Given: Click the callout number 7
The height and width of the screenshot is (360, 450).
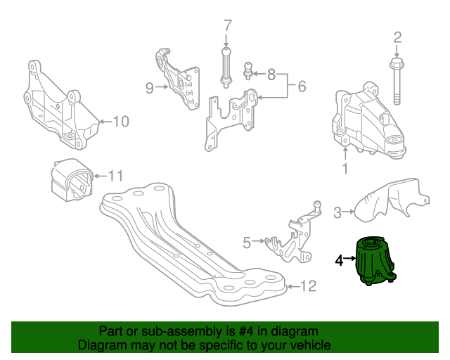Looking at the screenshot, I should coord(227,27).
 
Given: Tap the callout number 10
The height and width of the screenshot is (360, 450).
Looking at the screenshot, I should coord(120,122).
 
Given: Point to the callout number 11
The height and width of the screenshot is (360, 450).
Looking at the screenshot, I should coord(115,175).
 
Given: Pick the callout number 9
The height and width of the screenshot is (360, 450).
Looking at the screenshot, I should coord(149,88).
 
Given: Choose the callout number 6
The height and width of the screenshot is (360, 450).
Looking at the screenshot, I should coord(302,87).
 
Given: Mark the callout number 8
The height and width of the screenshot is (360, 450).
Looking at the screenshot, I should coord(271,73).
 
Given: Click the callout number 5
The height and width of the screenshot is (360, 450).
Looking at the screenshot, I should coord(247,243).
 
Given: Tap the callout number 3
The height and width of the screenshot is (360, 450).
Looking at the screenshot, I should coord(337,211).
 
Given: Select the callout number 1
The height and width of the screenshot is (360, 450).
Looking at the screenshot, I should coord(345,169).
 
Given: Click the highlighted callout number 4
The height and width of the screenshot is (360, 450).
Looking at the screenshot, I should coord(339,260).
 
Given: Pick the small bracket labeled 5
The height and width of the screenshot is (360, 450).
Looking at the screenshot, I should coord(292,239).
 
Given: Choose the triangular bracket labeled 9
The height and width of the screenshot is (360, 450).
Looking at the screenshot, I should coord(179,79).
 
